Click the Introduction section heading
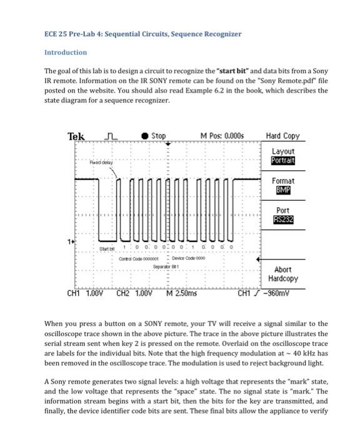(x=65, y=53)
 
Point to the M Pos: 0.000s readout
(x=222, y=136)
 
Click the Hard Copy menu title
(x=282, y=136)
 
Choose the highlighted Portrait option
(x=282, y=161)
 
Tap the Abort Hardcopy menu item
(x=282, y=274)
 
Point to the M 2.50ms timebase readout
(x=182, y=292)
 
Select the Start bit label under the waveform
(x=107, y=248)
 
